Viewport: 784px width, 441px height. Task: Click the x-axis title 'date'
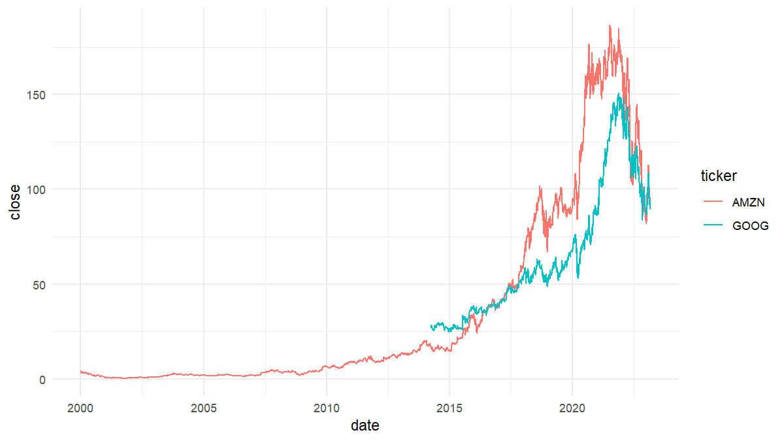point(365,426)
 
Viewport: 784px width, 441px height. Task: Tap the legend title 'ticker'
point(719,176)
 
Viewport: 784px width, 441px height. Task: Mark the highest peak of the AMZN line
point(610,25)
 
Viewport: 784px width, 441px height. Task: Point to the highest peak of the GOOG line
point(619,93)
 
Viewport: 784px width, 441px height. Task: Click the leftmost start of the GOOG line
point(431,326)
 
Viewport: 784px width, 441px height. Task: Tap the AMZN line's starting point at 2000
point(80,371)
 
